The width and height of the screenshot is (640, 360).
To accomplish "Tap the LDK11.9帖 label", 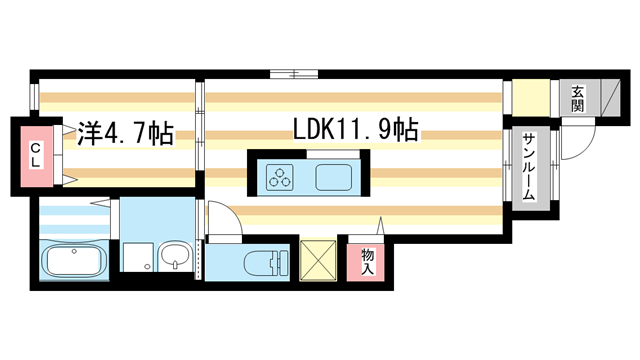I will coord(355,130).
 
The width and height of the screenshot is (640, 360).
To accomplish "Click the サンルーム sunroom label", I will coord(527,167).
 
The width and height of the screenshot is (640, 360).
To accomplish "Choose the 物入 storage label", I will coord(366,262).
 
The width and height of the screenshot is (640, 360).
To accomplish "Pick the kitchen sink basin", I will coord(333,178).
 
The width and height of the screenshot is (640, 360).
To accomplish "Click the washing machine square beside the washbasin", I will coord(137,258).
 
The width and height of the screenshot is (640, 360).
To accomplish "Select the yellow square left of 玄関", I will coord(530,98).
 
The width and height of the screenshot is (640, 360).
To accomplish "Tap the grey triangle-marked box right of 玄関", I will coord(604,97).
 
